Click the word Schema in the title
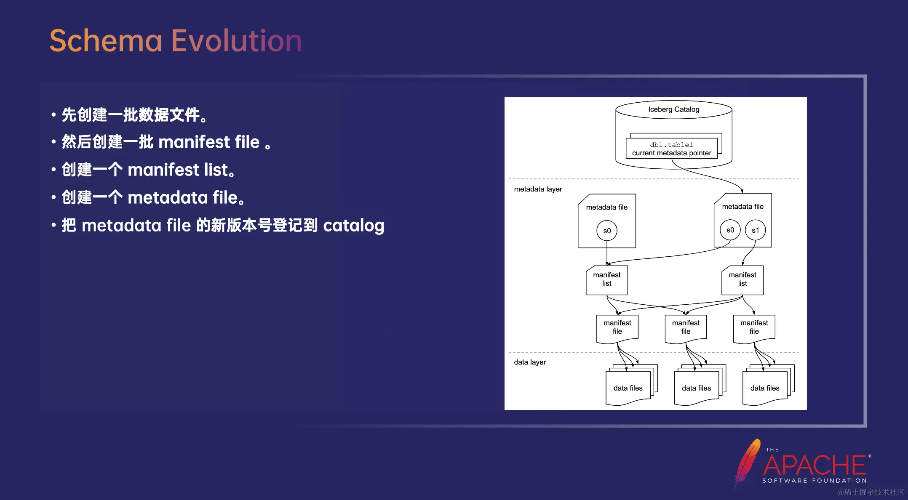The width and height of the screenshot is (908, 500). coord(106,41)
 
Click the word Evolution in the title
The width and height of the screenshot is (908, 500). coord(236,41)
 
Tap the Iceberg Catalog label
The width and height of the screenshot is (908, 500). coord(673,109)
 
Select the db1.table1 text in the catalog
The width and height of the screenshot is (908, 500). coord(671,145)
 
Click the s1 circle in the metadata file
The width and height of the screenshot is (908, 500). coord(755,230)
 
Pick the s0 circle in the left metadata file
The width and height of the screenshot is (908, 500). coord(606,231)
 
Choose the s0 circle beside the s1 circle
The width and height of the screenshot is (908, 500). coord(730,230)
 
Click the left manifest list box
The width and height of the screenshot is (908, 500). coord(606,279)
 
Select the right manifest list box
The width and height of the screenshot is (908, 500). coord(742,279)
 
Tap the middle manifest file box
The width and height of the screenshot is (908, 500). coord(686,327)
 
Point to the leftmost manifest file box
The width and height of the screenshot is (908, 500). coord(617,327)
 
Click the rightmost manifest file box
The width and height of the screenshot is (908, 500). coord(754,327)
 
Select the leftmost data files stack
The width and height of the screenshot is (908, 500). coord(628,388)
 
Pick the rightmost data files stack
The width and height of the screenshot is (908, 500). coord(764,388)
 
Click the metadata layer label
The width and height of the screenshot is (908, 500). coord(538,189)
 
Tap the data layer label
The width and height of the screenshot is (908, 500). coord(530,362)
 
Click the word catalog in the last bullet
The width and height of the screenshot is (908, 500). coord(353,226)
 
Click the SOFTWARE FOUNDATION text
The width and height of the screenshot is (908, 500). coord(814,481)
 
